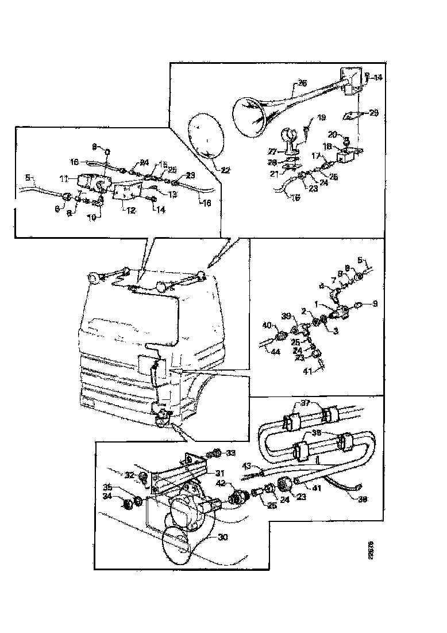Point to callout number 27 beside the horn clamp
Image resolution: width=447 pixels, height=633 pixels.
(x=272, y=152)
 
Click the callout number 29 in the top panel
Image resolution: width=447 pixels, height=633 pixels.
(x=374, y=113)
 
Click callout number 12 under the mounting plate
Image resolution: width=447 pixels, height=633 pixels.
(x=130, y=211)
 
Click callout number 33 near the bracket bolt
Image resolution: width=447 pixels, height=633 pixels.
(x=231, y=453)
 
